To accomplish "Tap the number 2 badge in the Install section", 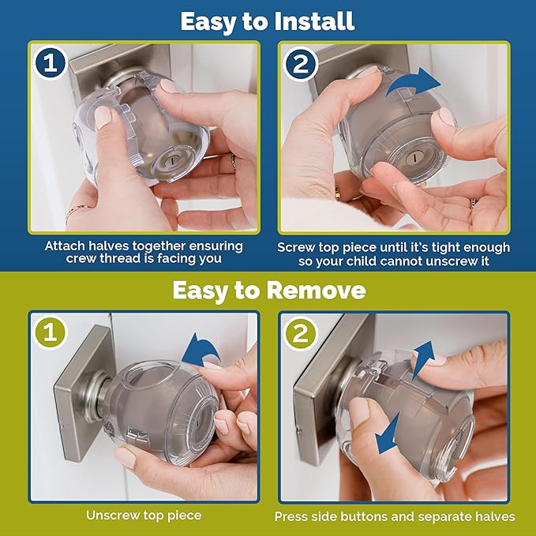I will [x=299, y=62].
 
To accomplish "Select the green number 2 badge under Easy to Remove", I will [x=299, y=333].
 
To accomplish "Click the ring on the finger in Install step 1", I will [x=232, y=161].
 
